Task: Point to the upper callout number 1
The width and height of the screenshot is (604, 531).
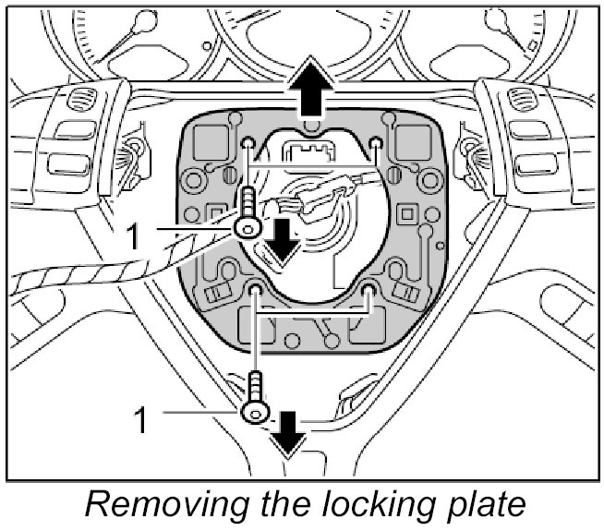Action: [135, 236]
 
